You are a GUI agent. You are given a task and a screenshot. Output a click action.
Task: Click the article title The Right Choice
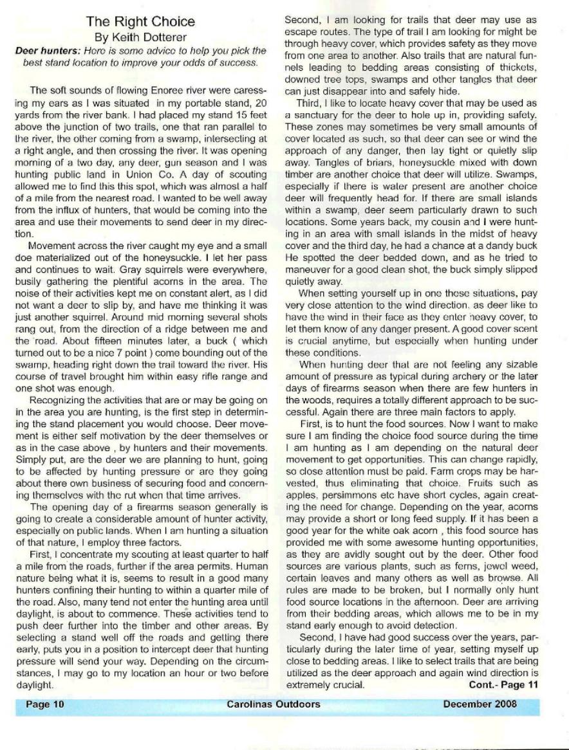point(140,22)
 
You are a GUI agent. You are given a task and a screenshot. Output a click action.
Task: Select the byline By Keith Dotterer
point(140,37)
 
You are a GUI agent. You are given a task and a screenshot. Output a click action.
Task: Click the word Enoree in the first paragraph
point(152,90)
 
